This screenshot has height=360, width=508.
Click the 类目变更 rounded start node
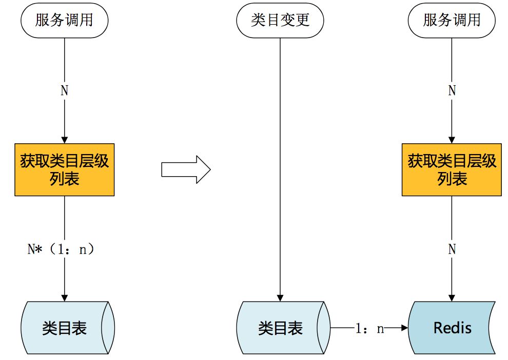tap(280, 21)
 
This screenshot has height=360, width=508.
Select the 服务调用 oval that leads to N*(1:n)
tap(65, 21)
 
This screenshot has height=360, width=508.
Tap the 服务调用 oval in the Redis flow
tap(452, 21)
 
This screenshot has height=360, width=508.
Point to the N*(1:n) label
tap(61, 250)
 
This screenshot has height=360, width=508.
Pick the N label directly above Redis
tap(452, 250)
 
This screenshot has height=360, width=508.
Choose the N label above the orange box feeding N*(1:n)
tap(65, 91)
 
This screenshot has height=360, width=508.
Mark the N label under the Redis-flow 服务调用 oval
tap(452, 91)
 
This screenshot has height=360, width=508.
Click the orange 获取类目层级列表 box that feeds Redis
tap(452, 169)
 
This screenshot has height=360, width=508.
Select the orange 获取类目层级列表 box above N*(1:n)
tap(65, 169)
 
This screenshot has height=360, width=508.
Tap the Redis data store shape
tap(452, 328)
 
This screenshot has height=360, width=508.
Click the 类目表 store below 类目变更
tap(280, 328)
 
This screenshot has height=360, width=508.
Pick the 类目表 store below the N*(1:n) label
tap(65, 328)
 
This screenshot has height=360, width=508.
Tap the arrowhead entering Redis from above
tap(452, 297)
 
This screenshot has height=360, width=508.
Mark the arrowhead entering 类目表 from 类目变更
tap(280, 297)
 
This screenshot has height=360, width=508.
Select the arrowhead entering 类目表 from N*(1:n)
tap(65, 297)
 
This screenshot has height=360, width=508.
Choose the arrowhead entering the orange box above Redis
tap(452, 139)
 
